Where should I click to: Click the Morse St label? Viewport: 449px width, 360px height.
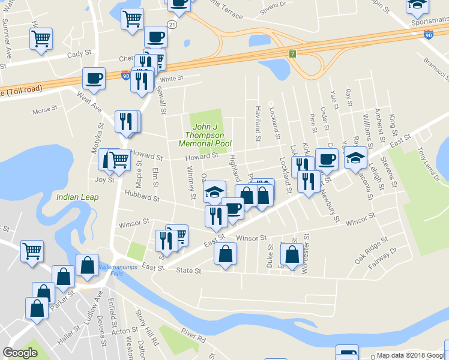tap(44, 110)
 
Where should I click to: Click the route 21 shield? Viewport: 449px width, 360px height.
tap(172, 25)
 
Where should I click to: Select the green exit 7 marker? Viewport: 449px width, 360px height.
tap(292, 54)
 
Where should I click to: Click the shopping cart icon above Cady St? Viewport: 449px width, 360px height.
tap(41, 39)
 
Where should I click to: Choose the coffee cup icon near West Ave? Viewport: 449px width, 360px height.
tap(94, 77)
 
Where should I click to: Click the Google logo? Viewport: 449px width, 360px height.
tap(20, 352)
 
